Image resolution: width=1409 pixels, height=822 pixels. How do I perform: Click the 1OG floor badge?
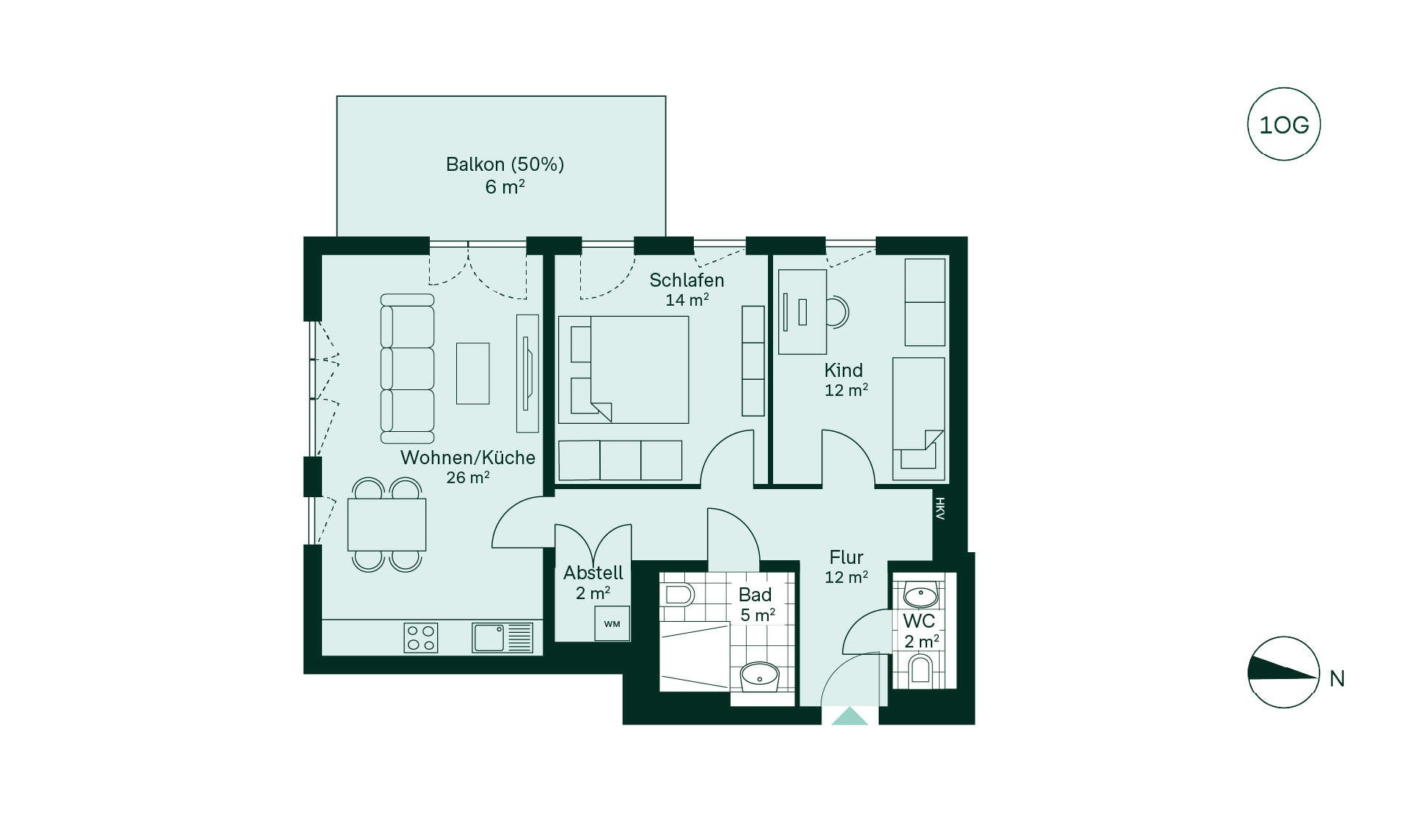tap(1284, 125)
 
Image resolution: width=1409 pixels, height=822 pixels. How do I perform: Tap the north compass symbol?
tap(1284, 672)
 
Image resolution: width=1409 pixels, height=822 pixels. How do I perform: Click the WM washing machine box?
tap(612, 624)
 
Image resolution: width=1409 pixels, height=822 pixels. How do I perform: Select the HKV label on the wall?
tap(940, 508)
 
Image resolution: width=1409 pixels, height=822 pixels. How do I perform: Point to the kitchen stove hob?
tap(421, 637)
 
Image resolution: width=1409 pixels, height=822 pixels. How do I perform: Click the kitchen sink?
tap(502, 637)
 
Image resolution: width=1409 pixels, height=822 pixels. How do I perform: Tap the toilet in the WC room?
tap(920, 670)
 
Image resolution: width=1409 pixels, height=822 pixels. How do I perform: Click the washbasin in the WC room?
tap(921, 594)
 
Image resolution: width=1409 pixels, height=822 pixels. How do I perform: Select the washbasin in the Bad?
tap(759, 676)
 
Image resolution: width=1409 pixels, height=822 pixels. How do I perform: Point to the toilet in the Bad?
tap(677, 594)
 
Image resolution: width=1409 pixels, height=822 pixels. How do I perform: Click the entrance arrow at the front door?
tap(849, 716)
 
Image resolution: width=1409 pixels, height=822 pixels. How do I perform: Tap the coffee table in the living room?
tap(473, 373)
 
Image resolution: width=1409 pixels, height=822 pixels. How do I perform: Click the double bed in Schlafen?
tap(623, 370)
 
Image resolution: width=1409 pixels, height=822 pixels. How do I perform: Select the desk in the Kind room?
tap(802, 312)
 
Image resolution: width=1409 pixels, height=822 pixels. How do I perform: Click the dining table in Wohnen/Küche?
tap(387, 524)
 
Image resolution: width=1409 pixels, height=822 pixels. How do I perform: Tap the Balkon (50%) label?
tap(505, 164)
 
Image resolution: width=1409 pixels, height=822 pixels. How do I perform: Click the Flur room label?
tap(846, 557)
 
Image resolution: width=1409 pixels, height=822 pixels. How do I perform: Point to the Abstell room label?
tap(593, 573)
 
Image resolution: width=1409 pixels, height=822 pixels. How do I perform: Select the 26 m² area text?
tap(468, 477)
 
